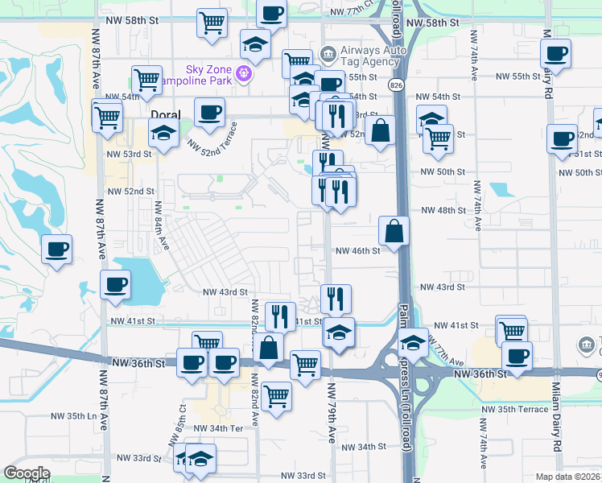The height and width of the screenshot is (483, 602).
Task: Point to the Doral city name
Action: (x=165, y=114)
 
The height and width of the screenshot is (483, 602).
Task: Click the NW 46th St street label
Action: (x=357, y=251)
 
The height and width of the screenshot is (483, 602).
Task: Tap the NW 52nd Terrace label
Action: (x=212, y=138)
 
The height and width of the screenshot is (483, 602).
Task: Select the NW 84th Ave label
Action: (x=162, y=225)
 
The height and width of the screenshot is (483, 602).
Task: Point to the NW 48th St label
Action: (x=443, y=210)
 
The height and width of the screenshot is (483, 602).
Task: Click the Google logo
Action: (x=27, y=473)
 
